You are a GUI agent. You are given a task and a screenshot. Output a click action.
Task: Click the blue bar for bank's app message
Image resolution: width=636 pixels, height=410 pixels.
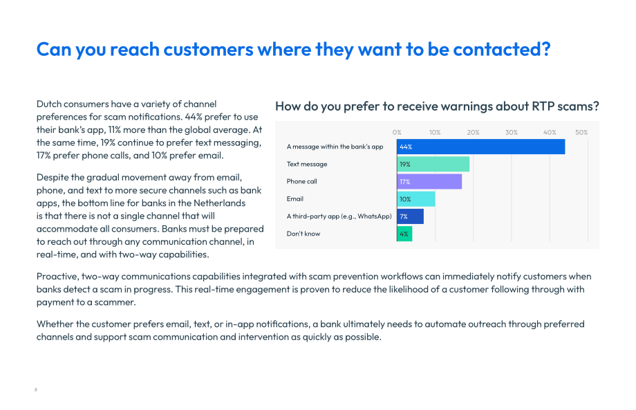tap(480, 147)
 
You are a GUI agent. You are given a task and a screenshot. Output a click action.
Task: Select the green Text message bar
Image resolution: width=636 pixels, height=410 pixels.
tap(433, 165)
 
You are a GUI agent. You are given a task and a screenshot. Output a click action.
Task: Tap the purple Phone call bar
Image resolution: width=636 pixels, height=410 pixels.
tap(429, 182)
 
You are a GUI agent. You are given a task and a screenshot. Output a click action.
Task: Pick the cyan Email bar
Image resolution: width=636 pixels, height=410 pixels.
tap(416, 199)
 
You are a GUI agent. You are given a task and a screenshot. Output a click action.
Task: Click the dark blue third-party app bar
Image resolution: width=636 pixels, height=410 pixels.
tap(411, 216)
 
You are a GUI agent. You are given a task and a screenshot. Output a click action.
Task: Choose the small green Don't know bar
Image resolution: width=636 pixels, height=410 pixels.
tap(405, 234)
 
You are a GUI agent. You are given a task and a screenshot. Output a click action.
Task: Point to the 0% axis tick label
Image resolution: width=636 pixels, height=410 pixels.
tap(397, 133)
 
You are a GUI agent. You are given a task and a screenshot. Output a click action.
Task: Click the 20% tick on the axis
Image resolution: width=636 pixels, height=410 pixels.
tap(473, 133)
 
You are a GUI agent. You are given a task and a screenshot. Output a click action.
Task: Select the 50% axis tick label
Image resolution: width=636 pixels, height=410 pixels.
tap(581, 133)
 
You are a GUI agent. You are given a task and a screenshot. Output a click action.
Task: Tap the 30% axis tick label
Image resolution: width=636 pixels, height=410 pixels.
tap(511, 133)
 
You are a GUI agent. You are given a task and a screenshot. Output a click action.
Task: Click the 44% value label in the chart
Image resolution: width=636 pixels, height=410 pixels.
tap(406, 147)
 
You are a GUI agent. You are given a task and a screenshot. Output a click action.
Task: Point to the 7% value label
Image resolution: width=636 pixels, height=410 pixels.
tap(404, 216)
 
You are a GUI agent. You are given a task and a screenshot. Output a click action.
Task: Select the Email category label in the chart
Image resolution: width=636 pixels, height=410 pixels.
tap(295, 198)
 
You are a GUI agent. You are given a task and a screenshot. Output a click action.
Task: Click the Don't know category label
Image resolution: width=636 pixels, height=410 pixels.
tap(303, 234)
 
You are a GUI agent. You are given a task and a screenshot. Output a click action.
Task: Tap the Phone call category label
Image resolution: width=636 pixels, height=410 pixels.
tap(302, 181)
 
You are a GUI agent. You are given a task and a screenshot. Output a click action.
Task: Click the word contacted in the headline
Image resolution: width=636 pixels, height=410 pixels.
tap(501, 49)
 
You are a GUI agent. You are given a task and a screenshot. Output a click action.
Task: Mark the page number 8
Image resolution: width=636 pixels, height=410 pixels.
tap(36, 390)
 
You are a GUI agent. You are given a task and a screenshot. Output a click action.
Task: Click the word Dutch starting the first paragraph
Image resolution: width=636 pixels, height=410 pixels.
tap(48, 104)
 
